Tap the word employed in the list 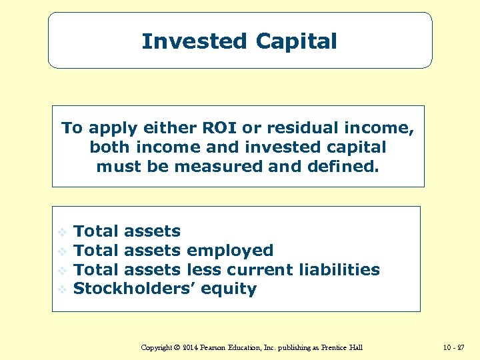[230, 251]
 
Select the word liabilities [339, 270]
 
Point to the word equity [229, 289]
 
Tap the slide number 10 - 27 [453, 348]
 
